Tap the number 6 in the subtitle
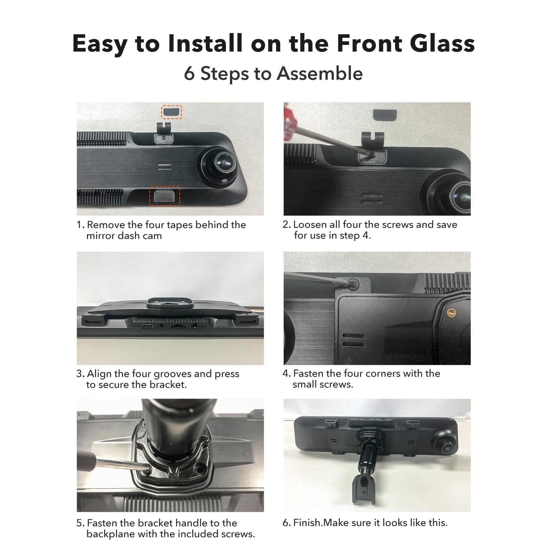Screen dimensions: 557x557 pyautogui.click(x=189, y=74)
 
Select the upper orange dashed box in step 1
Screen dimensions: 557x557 pyautogui.click(x=171, y=112)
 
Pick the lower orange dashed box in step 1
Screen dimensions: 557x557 pyautogui.click(x=165, y=196)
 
